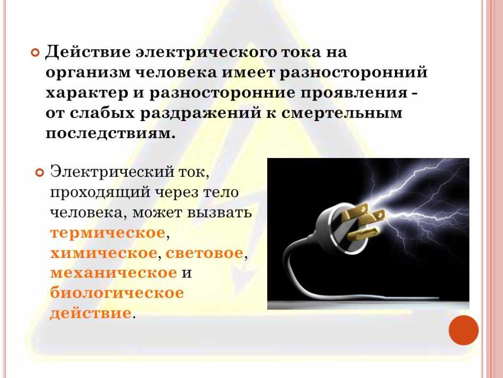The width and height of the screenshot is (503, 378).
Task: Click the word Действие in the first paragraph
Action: [87, 52]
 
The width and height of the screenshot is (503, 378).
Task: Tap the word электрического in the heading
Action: [206, 52]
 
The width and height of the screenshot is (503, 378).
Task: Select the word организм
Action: [88, 73]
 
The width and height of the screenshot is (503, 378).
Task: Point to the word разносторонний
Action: [354, 73]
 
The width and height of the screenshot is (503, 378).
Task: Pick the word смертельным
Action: [342, 113]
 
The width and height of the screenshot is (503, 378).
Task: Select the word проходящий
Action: [100, 192]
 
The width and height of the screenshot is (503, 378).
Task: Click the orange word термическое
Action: [108, 233]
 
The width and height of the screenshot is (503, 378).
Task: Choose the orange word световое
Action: [204, 253]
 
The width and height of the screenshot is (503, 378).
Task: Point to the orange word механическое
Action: [113, 273]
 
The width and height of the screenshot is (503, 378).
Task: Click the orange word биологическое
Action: [117, 293]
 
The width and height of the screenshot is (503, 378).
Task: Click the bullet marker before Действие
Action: [35, 52]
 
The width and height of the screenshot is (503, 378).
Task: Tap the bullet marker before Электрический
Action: [39, 173]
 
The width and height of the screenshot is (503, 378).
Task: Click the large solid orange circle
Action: [464, 330]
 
